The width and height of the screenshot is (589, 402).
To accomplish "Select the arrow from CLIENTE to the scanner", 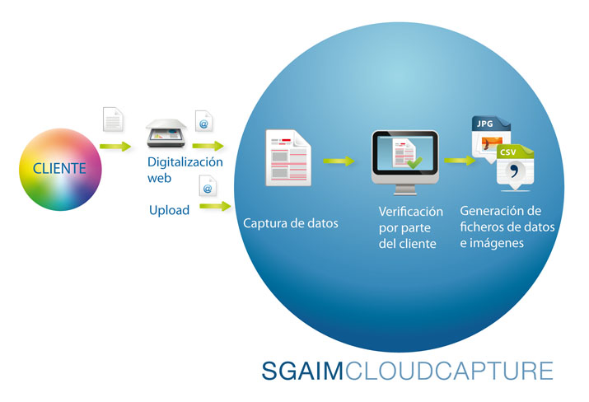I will click(115, 147).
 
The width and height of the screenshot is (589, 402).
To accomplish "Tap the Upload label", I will click(169, 210).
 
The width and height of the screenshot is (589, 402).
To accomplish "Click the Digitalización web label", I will click(185, 170).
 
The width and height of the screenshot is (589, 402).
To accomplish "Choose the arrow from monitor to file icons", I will click(460, 161).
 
